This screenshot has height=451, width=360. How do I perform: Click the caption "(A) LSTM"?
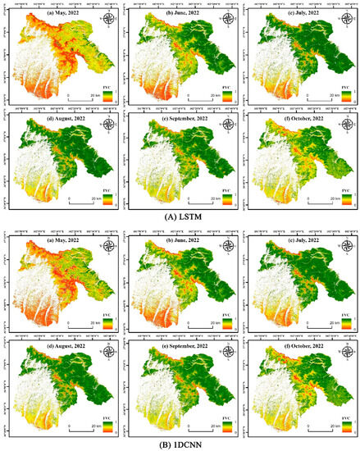tap(180, 218)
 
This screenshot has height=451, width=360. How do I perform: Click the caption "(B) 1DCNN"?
tap(180, 444)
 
